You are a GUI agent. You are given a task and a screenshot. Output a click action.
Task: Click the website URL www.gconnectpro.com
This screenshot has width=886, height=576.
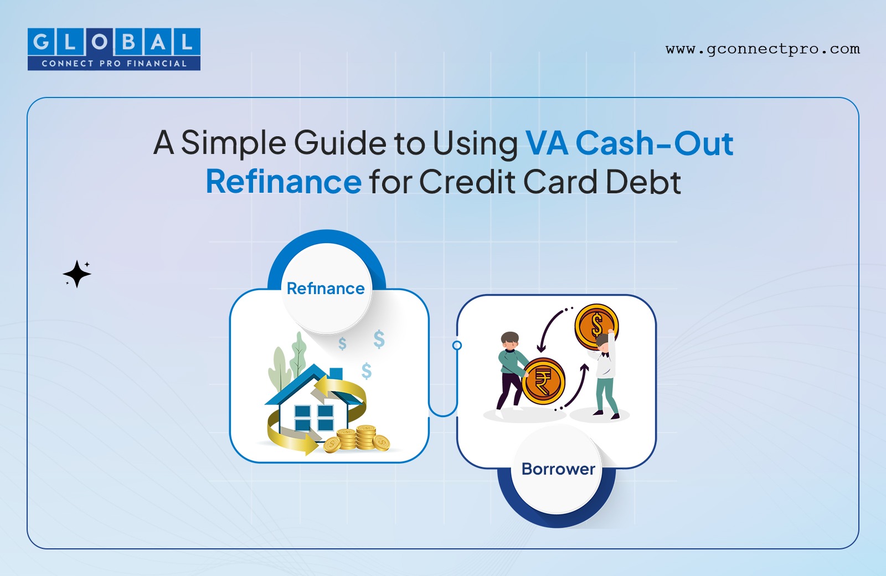pyautogui.click(x=763, y=49)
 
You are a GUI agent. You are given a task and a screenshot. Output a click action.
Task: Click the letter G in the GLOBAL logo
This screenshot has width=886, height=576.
pyautogui.click(x=41, y=42)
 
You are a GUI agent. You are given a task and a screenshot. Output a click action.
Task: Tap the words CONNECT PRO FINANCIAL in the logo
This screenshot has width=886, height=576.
pyautogui.click(x=114, y=63)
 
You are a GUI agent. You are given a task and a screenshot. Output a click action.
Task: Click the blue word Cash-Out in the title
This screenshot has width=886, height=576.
pyautogui.click(x=654, y=143)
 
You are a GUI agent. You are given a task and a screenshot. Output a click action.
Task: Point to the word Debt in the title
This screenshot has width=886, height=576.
pyautogui.click(x=643, y=182)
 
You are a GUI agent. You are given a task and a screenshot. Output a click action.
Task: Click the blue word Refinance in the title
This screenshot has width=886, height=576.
pyautogui.click(x=284, y=182)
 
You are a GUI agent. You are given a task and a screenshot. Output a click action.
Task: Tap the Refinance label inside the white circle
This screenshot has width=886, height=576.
pyautogui.click(x=326, y=289)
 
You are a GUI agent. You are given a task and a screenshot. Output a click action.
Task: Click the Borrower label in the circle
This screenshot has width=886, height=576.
pyautogui.click(x=558, y=469)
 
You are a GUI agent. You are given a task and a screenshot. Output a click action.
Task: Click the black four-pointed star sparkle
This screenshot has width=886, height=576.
pyautogui.click(x=77, y=274)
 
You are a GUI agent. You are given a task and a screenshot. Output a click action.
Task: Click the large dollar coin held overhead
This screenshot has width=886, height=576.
pyautogui.click(x=596, y=326)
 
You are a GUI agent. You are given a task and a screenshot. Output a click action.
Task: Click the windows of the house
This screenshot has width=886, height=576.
pyautogui.click(x=314, y=418)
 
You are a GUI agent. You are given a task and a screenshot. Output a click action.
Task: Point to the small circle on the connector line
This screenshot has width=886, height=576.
pyautogui.click(x=457, y=346)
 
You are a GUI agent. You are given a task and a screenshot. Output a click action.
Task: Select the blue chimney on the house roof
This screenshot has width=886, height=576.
pyautogui.click(x=336, y=373)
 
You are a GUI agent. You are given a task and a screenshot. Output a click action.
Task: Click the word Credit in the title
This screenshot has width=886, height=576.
pyautogui.click(x=467, y=182)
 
